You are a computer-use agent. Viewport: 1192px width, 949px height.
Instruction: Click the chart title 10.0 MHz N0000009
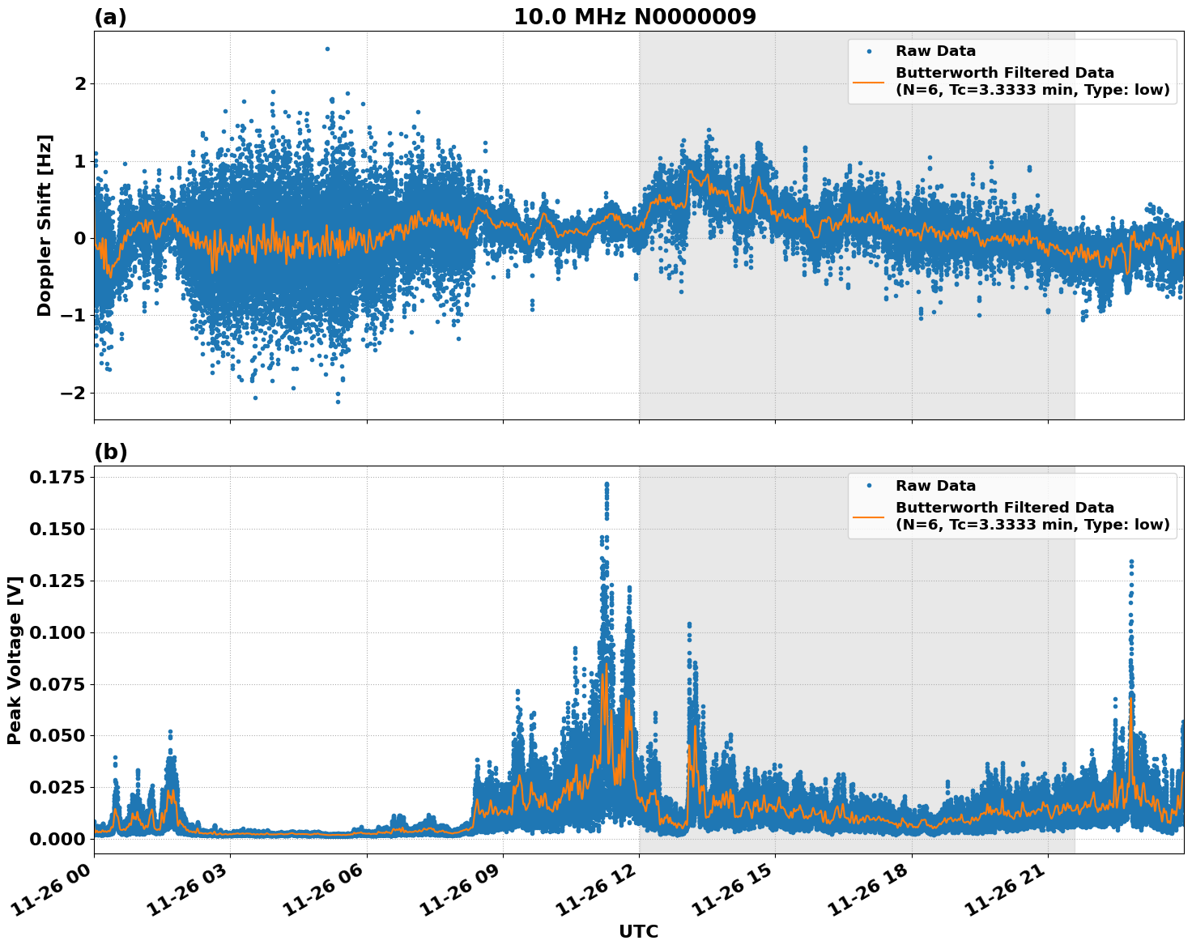pyautogui.click(x=635, y=17)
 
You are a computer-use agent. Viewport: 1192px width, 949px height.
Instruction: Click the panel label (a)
pyautogui.click(x=110, y=17)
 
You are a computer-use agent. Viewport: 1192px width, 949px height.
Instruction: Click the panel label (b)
pyautogui.click(x=110, y=452)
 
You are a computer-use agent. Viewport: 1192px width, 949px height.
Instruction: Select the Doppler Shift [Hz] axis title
pyautogui.click(x=45, y=225)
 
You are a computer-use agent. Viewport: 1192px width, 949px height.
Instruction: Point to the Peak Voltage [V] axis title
pyautogui.click(x=14, y=660)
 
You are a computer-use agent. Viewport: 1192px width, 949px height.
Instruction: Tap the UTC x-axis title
pyautogui.click(x=638, y=931)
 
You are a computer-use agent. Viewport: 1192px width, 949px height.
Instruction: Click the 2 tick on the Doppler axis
pyautogui.click(x=80, y=83)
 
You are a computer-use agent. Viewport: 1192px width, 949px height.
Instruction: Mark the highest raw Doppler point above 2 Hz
pyautogui.click(x=327, y=49)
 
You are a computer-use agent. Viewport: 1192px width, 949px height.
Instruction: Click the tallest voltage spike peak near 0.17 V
pyautogui.click(x=607, y=484)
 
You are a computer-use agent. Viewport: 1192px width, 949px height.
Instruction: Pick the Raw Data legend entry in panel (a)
pyautogui.click(x=935, y=51)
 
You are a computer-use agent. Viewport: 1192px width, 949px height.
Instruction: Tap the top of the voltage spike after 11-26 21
pyautogui.click(x=1131, y=561)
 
